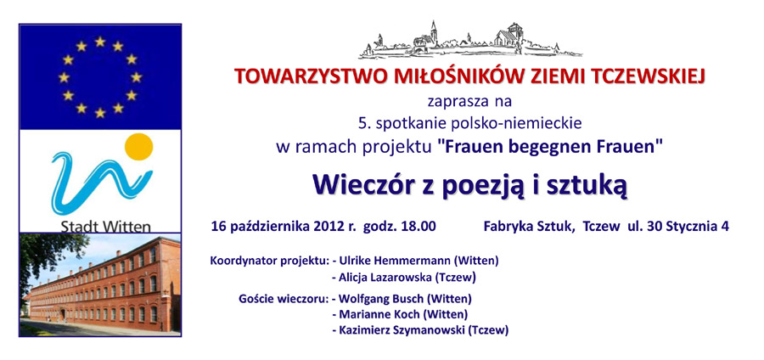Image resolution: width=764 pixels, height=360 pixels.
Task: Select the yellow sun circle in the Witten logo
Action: [x=139, y=146]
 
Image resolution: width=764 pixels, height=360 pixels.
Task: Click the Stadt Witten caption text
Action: [x=106, y=226]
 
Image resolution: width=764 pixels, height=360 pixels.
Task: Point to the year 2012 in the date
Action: [x=328, y=227]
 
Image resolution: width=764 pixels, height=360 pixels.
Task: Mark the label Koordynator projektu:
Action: [x=269, y=262]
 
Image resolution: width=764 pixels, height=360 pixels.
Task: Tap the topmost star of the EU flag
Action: [x=100, y=42]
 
